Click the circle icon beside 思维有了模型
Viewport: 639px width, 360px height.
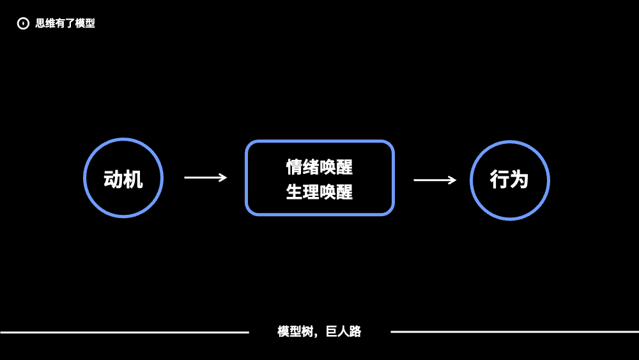(x=23, y=24)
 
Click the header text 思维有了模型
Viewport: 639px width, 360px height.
(x=65, y=24)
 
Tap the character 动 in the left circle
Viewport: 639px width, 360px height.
(x=113, y=180)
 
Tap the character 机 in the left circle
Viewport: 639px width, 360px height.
(x=133, y=180)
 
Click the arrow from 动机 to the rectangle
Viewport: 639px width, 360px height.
(x=204, y=178)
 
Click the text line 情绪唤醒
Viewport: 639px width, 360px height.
(x=319, y=168)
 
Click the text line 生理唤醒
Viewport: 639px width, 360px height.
(x=319, y=192)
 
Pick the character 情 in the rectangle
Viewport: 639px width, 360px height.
(x=295, y=168)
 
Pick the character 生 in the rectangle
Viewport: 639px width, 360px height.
(x=295, y=192)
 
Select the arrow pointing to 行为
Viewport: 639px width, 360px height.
(x=435, y=180)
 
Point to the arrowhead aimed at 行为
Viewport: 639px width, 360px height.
(x=454, y=180)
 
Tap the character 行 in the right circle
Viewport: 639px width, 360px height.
(x=500, y=180)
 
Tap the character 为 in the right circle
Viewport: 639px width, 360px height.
(x=520, y=180)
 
